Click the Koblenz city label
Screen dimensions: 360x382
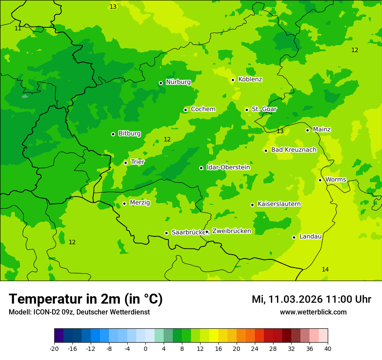point(250,79)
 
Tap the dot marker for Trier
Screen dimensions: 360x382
point(125,163)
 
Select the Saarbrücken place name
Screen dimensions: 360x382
point(188,232)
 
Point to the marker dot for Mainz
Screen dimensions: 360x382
point(307,130)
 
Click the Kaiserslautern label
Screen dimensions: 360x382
point(279,204)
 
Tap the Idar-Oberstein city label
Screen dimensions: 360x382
point(228,167)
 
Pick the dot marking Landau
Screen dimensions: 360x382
point(294,237)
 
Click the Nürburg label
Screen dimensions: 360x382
point(178,82)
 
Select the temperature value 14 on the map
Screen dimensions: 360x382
point(325,270)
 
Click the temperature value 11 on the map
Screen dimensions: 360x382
point(18,28)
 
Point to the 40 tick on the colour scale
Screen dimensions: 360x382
point(328,348)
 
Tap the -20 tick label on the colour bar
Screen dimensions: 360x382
point(54,348)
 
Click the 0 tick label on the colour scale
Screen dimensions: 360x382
point(145,348)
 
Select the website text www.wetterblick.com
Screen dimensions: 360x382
point(313,312)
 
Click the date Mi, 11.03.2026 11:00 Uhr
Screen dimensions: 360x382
point(311,299)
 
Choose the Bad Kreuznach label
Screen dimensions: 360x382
point(293,150)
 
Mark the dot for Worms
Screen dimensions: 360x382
point(320,180)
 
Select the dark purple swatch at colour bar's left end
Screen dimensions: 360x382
point(59,336)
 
